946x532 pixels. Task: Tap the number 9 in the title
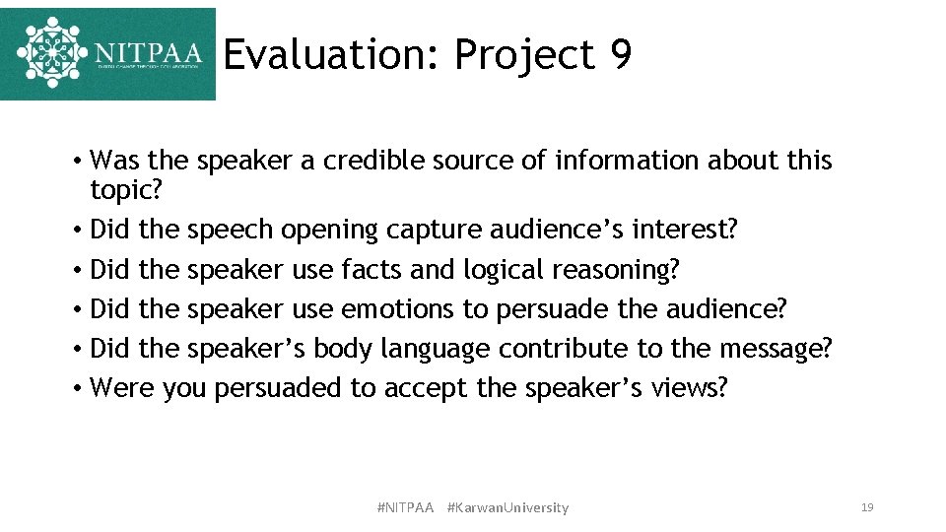click(620, 55)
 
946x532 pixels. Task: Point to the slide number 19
click(867, 507)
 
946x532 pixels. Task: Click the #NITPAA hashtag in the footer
click(405, 507)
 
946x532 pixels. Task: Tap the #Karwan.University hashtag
click(507, 507)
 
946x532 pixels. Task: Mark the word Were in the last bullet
click(122, 387)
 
